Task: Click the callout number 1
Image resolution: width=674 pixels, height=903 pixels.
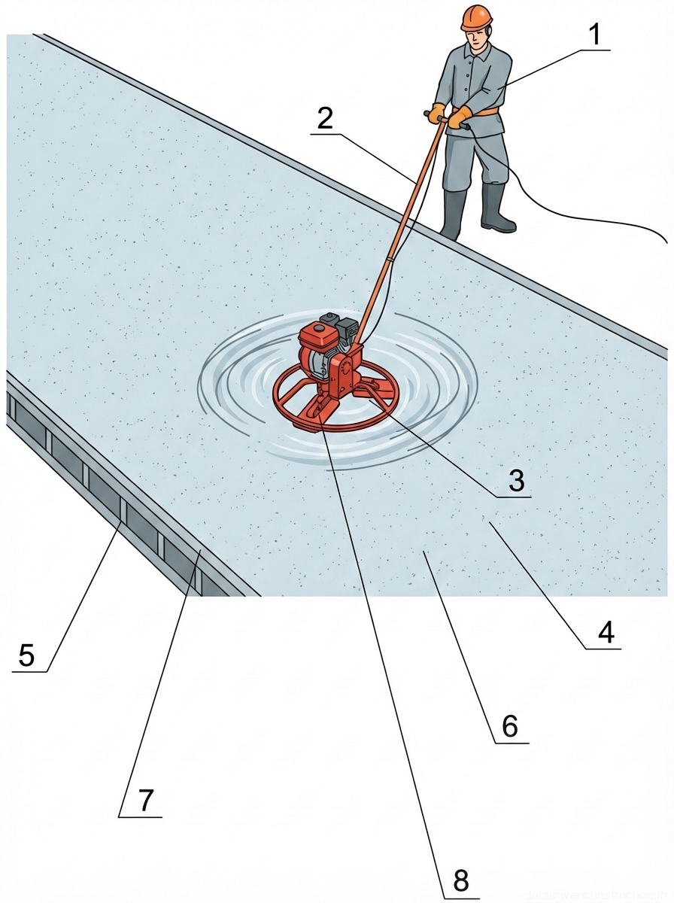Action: point(596,35)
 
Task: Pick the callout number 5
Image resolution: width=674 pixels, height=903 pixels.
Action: point(26,655)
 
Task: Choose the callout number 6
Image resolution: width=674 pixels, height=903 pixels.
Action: point(510,727)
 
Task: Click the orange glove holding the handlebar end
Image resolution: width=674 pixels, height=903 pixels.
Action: point(436,114)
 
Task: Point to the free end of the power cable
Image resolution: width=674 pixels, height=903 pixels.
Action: point(666,241)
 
